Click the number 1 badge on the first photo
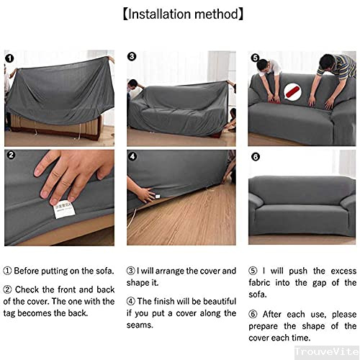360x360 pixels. (9, 58)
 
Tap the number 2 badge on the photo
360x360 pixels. (9, 155)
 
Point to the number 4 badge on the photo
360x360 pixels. (132, 155)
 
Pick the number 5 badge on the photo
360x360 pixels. (255, 57)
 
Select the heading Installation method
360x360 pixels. (179, 14)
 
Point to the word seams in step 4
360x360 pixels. (144, 324)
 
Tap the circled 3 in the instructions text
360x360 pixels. (131, 271)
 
